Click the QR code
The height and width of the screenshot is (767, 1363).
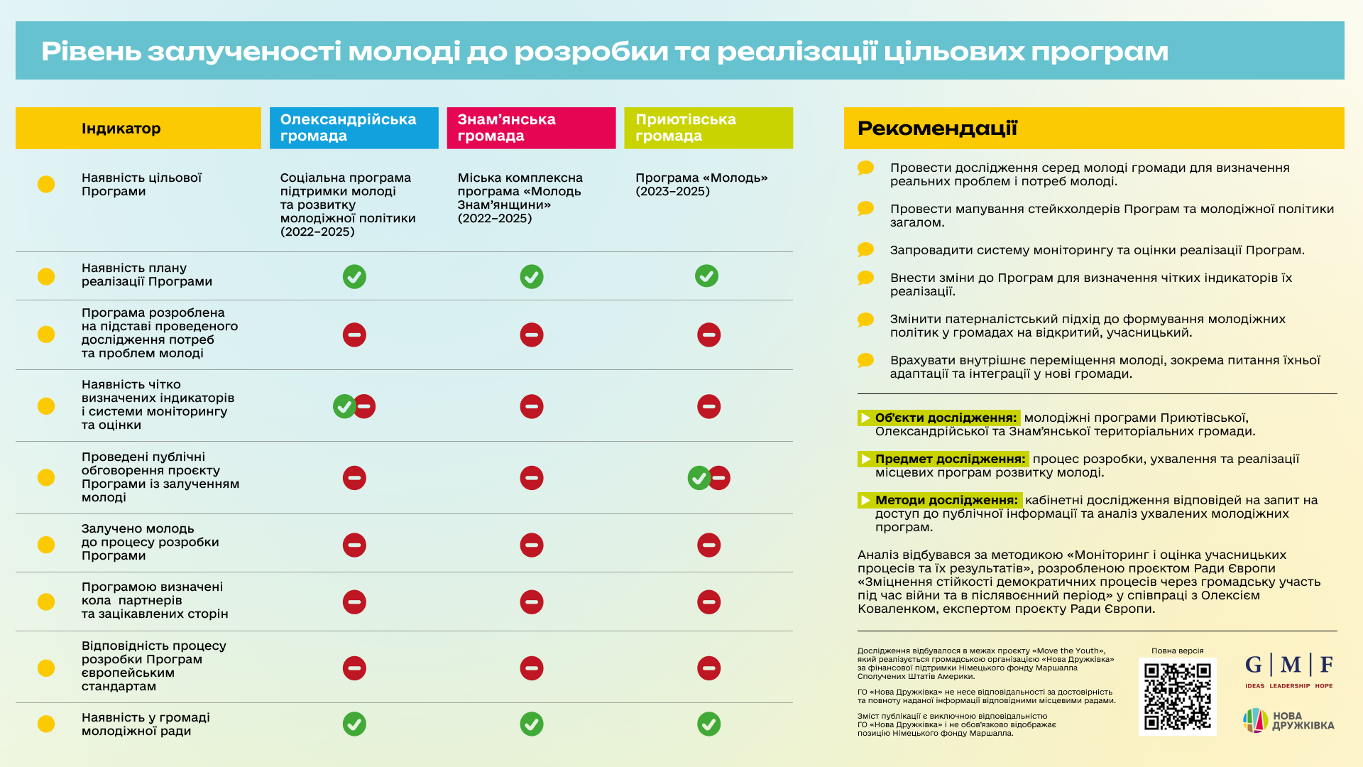1177,696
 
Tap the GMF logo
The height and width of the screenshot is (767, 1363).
1288,670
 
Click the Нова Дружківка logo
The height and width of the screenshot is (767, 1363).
1288,720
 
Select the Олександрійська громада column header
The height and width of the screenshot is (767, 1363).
354,128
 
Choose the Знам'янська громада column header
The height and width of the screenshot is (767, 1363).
531,128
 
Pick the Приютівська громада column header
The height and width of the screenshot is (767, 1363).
708,128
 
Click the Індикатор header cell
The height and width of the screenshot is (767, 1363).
138,128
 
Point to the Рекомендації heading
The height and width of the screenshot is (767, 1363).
937,129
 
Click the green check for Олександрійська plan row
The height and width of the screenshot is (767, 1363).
354,276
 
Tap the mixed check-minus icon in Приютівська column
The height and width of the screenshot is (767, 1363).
708,478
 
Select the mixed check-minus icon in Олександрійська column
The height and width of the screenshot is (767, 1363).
354,406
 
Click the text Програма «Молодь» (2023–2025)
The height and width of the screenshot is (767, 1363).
701,185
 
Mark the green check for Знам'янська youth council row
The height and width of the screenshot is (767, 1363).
532,724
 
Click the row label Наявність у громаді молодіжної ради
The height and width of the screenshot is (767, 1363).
146,724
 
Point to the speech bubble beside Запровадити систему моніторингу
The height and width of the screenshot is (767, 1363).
865,250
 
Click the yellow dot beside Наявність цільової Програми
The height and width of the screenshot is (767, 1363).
46,184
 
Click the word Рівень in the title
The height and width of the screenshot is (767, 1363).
92,51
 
